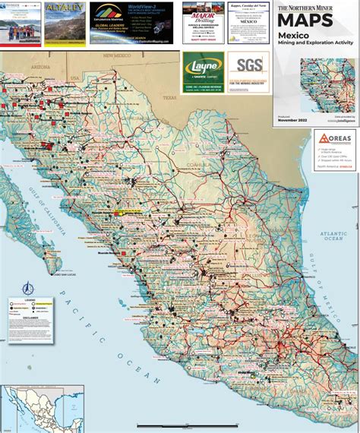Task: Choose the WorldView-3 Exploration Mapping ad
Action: pos(124,23)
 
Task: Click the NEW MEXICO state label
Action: pos(118,56)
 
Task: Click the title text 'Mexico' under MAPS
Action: pos(293,36)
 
